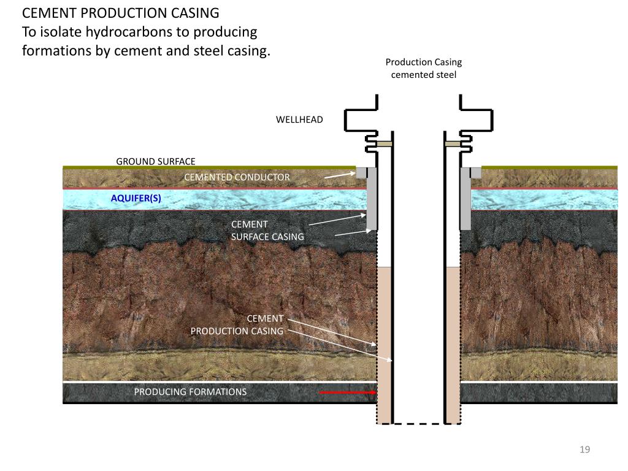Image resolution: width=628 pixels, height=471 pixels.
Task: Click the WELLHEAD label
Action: tap(299, 120)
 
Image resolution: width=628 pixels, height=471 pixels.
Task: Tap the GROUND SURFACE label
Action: tap(156, 162)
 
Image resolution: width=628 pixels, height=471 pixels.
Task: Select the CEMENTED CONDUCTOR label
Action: tap(237, 177)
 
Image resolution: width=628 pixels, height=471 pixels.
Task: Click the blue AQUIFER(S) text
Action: tap(136, 198)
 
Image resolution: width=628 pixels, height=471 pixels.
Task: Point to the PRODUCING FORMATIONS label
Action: tap(190, 392)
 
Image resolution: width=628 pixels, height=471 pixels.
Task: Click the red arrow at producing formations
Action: tap(347, 392)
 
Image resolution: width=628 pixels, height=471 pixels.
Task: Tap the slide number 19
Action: tap(584, 450)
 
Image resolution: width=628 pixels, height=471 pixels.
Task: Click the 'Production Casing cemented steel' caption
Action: tap(423, 68)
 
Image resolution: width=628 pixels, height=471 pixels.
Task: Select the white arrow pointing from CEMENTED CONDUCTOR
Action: tap(339, 175)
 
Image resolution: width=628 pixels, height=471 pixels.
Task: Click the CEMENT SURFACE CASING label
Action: tap(267, 231)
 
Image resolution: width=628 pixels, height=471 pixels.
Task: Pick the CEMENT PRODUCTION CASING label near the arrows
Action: tap(237, 325)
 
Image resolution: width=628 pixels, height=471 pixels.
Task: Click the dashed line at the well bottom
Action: tap(418, 423)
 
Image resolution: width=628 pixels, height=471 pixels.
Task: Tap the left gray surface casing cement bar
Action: tap(371, 199)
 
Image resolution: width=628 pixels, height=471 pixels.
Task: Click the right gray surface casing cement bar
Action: tap(465, 199)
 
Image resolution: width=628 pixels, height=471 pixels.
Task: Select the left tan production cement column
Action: tap(383, 343)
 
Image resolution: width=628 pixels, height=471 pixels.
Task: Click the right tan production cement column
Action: tap(453, 343)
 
